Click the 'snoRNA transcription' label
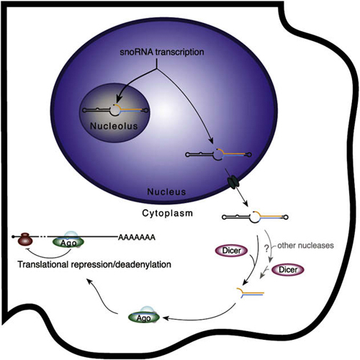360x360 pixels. [162, 52]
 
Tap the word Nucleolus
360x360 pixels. [114, 126]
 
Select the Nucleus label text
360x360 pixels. [166, 192]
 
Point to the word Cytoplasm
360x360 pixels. [167, 213]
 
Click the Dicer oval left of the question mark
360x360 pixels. [231, 251]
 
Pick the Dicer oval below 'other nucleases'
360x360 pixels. [288, 270]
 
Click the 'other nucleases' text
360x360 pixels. [305, 246]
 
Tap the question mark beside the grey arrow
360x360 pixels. [266, 248]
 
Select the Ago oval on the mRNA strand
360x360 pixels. [68, 242]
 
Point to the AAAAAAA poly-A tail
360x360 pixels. [137, 238]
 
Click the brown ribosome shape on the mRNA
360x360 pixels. [25, 239]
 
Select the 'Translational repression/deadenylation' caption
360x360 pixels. [94, 264]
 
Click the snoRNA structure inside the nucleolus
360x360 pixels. [115, 110]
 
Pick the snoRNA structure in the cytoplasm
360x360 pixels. [255, 217]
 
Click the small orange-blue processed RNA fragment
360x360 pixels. [251, 293]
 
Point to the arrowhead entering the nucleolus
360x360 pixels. [118, 99]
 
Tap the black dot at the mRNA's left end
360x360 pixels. [13, 237]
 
